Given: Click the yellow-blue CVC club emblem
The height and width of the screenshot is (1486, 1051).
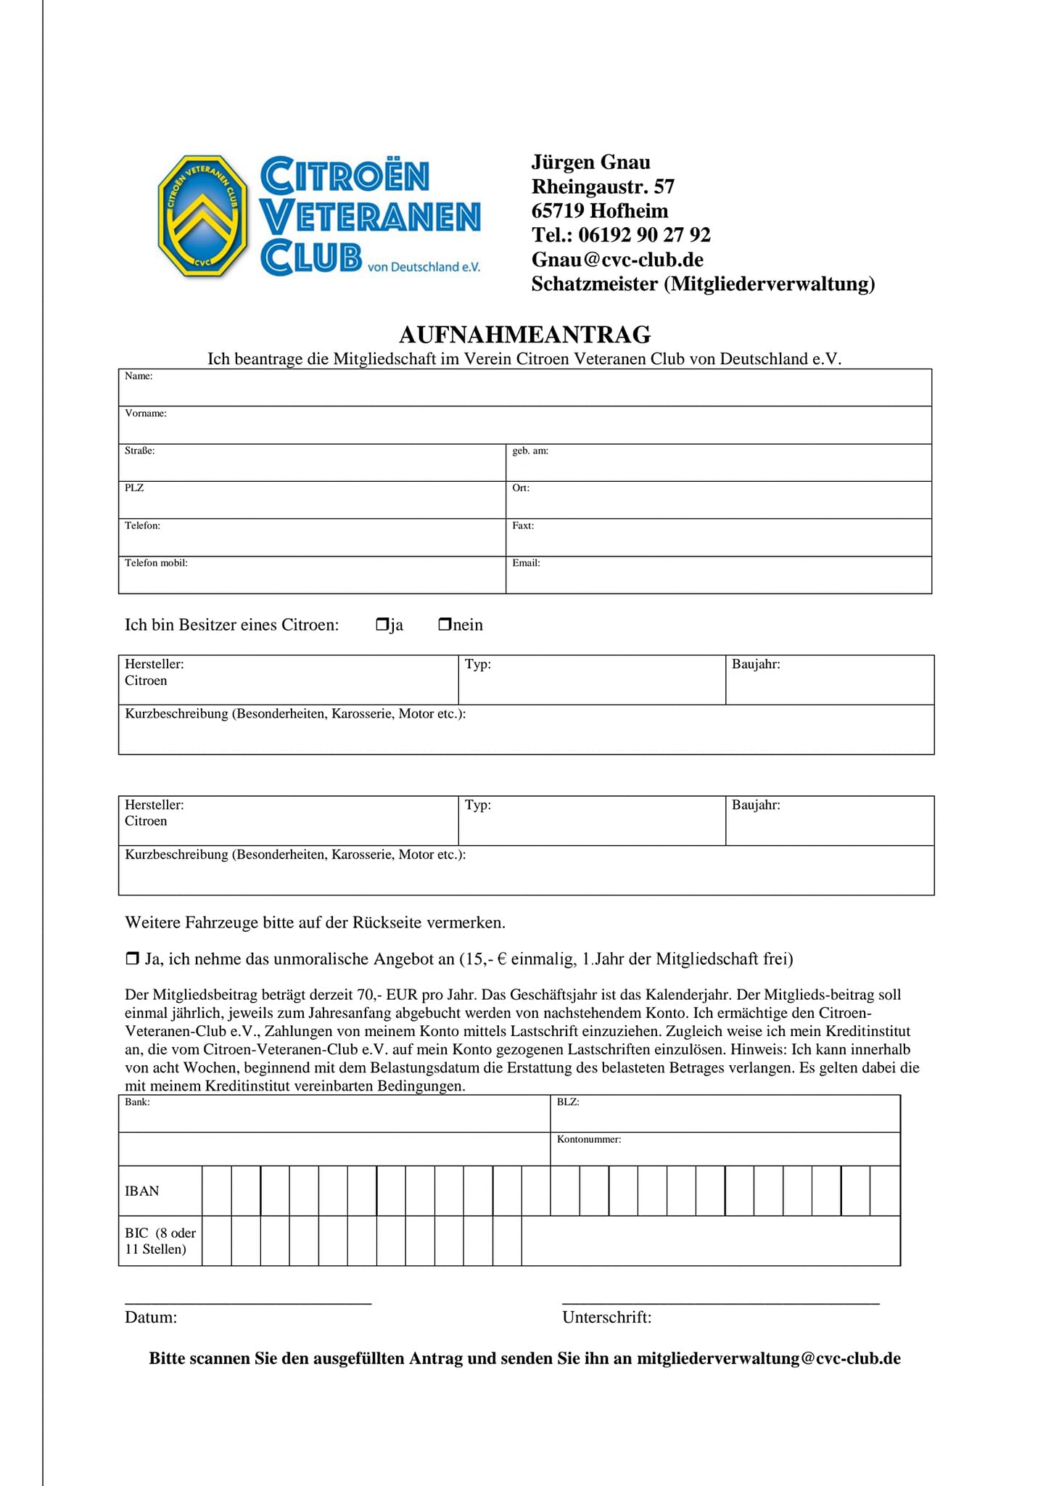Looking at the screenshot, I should (x=202, y=215).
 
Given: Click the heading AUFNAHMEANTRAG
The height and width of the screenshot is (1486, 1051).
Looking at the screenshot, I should (x=524, y=334).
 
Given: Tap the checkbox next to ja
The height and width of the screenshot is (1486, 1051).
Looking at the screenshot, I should (x=382, y=624).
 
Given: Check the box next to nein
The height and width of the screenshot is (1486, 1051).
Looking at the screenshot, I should (x=445, y=624).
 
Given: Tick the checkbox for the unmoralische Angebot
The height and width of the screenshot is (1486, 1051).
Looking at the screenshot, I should (x=132, y=958).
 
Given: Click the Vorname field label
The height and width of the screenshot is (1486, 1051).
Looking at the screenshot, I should (x=145, y=414).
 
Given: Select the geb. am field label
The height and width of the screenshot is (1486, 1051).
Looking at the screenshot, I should (x=529, y=451).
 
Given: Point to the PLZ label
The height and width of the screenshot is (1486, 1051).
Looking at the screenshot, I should (x=134, y=488).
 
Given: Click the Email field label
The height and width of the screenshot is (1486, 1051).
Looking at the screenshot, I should (x=526, y=562).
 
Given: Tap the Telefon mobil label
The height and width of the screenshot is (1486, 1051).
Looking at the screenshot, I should (x=156, y=562).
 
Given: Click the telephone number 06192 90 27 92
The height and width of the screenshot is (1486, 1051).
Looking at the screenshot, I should (x=644, y=235).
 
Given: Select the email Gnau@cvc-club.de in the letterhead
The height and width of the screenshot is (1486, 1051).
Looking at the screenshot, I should (x=617, y=260).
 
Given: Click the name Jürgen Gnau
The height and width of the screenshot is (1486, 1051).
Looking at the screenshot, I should (x=590, y=162).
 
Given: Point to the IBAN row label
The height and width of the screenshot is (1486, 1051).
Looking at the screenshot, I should (x=141, y=1191).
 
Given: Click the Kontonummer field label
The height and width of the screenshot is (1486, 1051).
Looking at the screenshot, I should (x=588, y=1139).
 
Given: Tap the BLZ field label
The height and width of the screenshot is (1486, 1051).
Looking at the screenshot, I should (x=567, y=1101).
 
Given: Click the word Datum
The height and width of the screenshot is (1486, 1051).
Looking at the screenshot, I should (x=151, y=1317).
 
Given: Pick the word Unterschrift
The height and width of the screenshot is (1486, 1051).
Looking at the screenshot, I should (x=606, y=1317).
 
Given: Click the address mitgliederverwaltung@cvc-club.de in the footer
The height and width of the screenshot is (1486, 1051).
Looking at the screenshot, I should (x=768, y=1358).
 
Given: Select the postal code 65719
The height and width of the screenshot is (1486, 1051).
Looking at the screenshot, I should (x=558, y=211).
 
